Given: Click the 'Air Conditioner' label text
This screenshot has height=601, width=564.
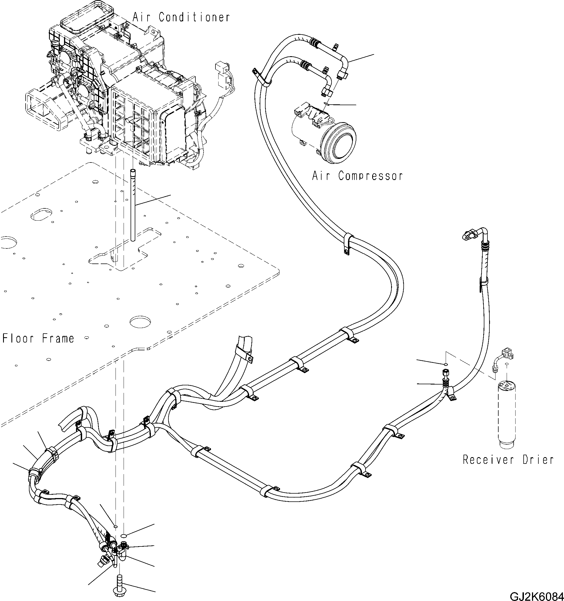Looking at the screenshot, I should click(181, 17).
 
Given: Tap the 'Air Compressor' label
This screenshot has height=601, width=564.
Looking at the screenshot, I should click(357, 176).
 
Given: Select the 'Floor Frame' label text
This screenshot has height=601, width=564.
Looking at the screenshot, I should click(38, 338).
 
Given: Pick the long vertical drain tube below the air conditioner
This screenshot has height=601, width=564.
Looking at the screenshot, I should click(133, 206).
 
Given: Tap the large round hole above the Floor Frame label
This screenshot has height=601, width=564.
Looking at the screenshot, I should click(140, 322).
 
